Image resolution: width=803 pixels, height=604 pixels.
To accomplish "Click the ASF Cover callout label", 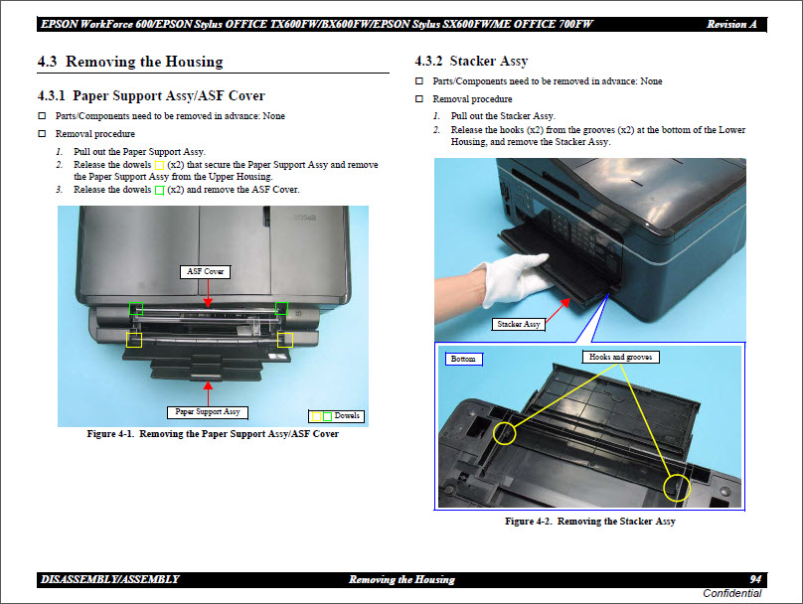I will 207,271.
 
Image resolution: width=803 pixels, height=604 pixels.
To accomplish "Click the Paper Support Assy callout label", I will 208,411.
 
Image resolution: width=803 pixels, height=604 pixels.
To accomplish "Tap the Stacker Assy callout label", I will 519,325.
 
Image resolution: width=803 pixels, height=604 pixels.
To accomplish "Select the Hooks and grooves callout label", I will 620,357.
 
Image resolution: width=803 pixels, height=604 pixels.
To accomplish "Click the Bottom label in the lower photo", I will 463,359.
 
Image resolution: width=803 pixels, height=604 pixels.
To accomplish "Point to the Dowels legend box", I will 336,415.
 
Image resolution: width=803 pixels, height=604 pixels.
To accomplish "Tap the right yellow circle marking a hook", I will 678,487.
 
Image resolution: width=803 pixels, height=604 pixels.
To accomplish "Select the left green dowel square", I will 136,309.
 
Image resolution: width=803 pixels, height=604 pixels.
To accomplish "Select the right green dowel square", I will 282,309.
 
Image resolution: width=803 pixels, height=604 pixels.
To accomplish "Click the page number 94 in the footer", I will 756,579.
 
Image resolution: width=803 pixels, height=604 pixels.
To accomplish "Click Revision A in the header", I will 734,24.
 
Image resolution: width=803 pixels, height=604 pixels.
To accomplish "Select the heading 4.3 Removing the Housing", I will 130,62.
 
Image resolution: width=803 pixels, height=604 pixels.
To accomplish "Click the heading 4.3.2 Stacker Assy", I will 472,62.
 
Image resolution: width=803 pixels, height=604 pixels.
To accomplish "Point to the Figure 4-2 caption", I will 589,522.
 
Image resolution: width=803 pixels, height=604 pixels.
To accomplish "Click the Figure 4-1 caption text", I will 213,434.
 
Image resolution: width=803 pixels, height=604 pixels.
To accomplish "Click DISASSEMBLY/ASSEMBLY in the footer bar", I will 109,579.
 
